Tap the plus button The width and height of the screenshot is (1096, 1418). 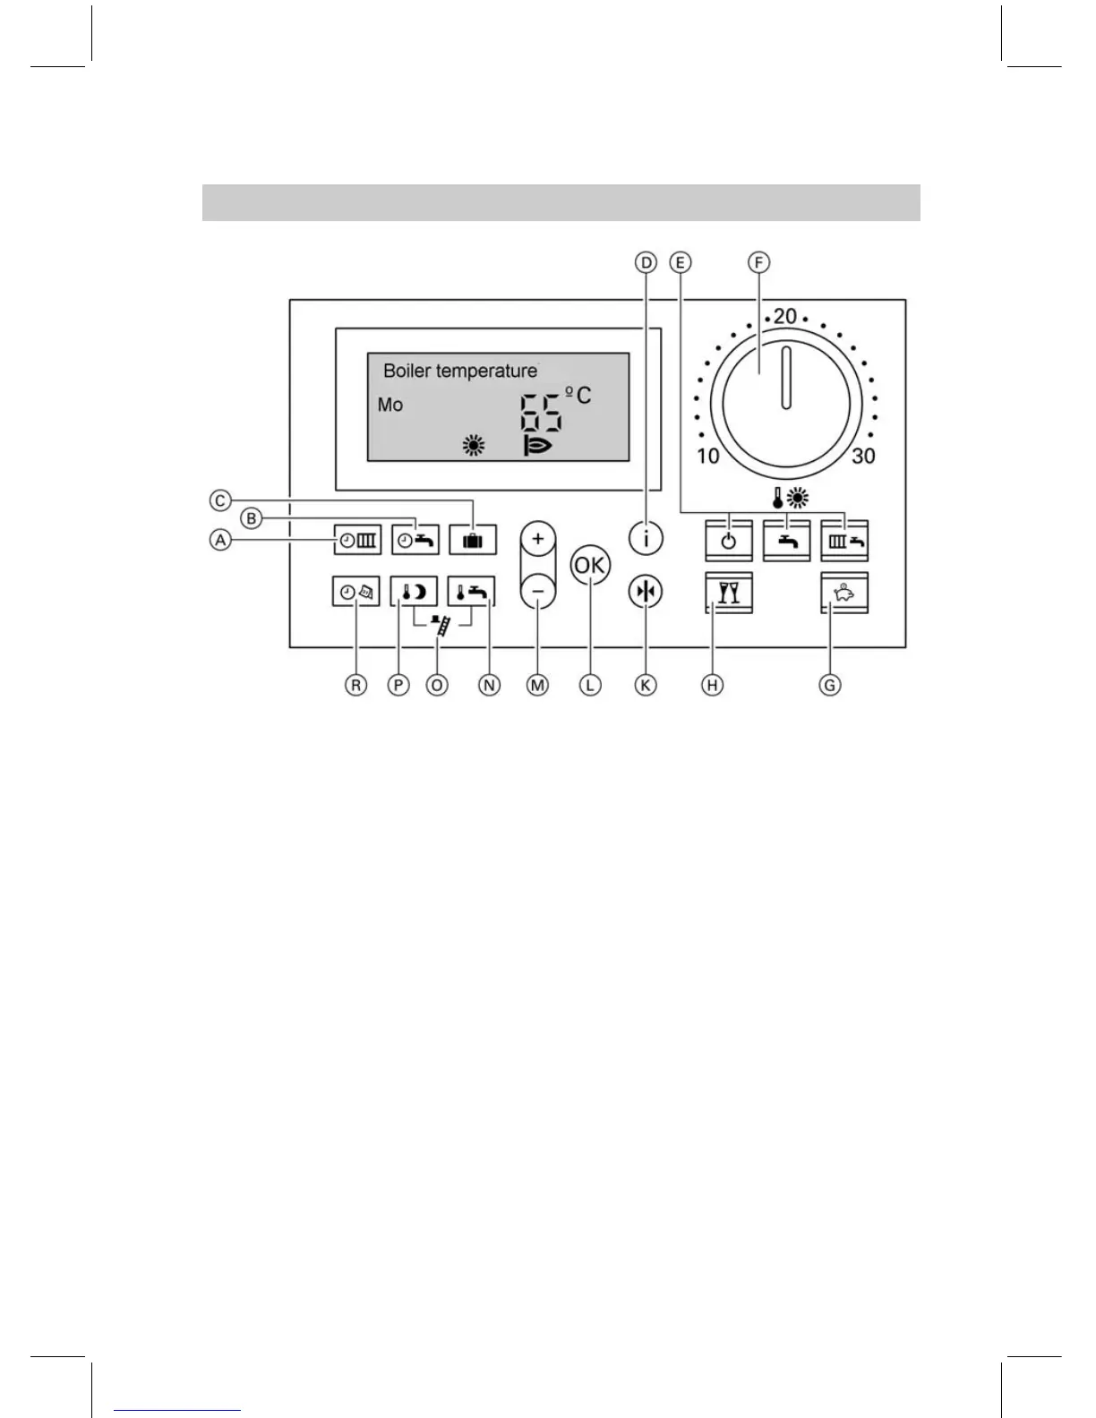537,539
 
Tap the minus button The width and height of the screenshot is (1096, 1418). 537,591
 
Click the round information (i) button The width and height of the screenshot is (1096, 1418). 646,539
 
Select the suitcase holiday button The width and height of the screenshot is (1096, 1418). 473,541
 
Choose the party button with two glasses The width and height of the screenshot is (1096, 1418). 729,593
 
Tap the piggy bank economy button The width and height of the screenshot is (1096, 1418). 843,593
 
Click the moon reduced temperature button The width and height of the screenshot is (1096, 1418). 414,592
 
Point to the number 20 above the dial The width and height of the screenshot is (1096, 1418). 785,316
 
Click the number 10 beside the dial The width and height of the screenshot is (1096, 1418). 708,457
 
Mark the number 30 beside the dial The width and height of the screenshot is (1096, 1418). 863,457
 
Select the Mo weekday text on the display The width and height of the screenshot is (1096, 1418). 390,405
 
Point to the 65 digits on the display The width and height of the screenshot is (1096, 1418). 542,414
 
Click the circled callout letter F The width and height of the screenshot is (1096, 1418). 758,262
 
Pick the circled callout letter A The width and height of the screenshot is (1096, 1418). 219,540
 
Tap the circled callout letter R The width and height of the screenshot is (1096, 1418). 356,685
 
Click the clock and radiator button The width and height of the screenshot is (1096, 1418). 357,541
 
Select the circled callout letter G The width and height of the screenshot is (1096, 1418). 830,685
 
